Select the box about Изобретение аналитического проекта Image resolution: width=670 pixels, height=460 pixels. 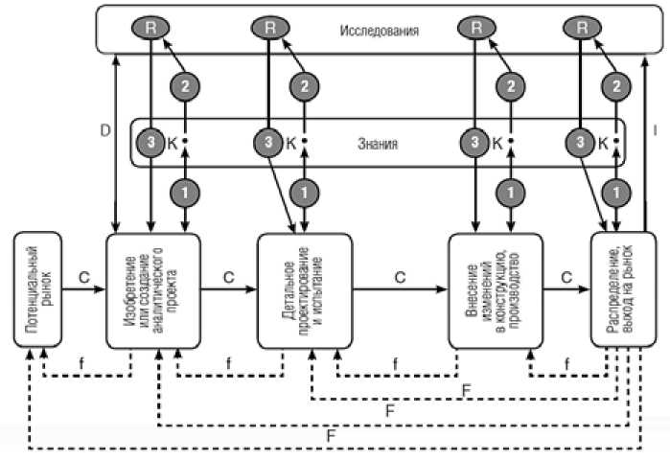coord(152,288)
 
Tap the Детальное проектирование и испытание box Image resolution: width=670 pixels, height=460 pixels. coord(301,288)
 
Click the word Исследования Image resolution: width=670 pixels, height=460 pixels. coord(379,30)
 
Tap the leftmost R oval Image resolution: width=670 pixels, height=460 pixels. coord(150,27)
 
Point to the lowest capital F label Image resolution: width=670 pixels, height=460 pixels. coord(330,433)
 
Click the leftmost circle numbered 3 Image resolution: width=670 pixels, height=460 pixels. coord(150,143)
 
